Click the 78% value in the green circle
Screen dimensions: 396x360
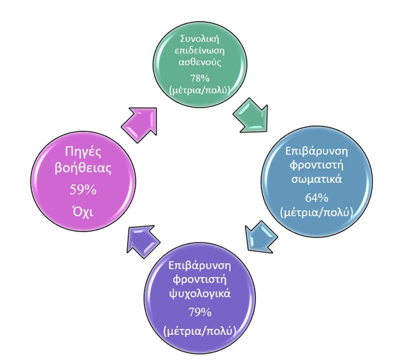pos(200,78)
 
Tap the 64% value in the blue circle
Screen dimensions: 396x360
pos(316,198)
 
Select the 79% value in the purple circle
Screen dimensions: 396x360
pos(200,312)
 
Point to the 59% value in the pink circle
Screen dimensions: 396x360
pos(83,189)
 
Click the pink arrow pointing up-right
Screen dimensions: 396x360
pos(140,124)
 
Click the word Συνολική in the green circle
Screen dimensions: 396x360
pos(200,39)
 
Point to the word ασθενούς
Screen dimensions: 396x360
pos(200,62)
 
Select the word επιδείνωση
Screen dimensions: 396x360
pos(200,50)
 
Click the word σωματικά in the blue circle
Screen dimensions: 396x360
pos(316,179)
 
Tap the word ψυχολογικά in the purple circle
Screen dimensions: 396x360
pos(199,294)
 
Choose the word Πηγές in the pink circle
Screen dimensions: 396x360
pos(83,151)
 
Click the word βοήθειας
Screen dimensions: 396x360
pos(83,168)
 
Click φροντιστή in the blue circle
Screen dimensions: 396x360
pos(316,165)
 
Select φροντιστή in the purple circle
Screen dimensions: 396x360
pos(199,280)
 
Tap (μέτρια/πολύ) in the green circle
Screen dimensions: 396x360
pos(200,90)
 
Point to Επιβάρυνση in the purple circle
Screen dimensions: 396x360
pos(199,266)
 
